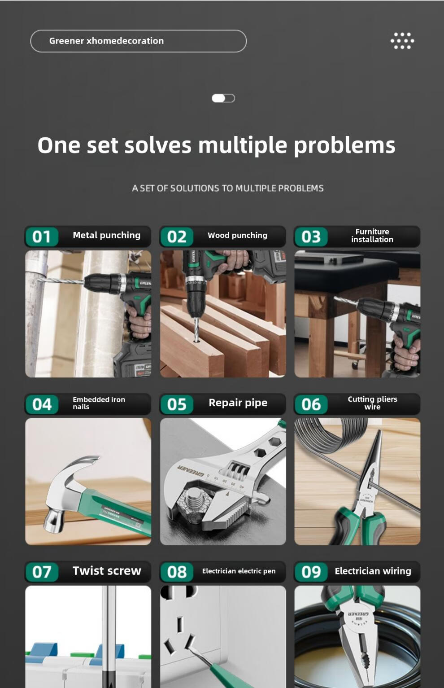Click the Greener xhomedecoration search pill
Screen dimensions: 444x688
pos(139,41)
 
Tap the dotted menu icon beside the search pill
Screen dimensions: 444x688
pos(402,41)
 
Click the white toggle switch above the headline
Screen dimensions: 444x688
pos(223,98)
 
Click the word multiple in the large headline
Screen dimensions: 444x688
pos(242,145)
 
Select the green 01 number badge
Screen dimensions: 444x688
pos(42,237)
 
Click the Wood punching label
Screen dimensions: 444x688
pos(238,236)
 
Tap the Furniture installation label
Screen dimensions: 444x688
pos(372,236)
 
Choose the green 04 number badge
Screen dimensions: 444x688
pos(42,404)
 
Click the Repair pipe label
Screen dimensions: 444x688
pos(238,403)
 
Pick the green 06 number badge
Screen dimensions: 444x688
pos(311,404)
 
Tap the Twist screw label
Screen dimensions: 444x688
pos(107,571)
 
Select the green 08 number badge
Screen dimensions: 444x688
pos(177,572)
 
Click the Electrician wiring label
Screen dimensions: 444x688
pos(373,571)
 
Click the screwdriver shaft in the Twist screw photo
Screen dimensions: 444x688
pos(109,636)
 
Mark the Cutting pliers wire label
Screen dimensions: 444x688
pos(372,403)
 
